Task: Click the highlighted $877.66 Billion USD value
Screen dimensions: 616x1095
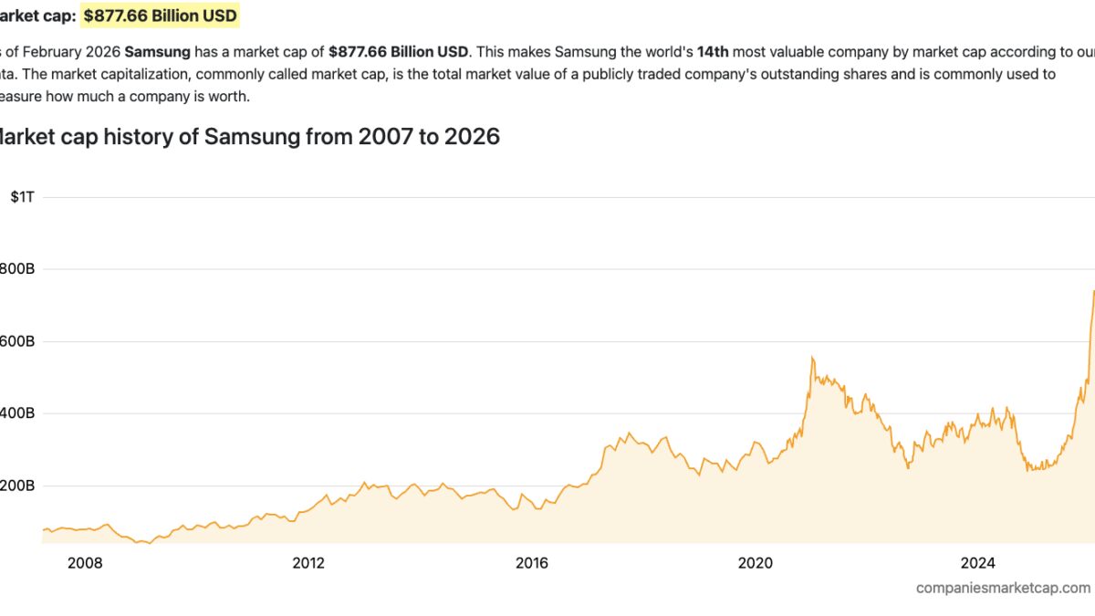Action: point(161,16)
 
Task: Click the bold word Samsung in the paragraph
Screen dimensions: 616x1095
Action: point(157,52)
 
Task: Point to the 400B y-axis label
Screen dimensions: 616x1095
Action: point(16,413)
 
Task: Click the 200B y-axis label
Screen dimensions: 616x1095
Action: point(16,485)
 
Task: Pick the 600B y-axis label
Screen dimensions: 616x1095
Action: point(16,341)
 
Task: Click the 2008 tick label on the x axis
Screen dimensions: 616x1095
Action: point(85,562)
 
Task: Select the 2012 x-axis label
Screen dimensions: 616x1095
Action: point(308,562)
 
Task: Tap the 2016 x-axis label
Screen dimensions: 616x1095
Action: point(532,562)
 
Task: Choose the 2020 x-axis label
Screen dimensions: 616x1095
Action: point(756,562)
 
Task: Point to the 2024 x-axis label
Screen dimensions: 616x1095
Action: point(979,562)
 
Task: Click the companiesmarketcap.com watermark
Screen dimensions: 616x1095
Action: point(1003,589)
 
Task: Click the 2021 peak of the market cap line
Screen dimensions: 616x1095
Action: point(812,358)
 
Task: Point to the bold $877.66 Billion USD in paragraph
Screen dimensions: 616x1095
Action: point(399,52)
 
